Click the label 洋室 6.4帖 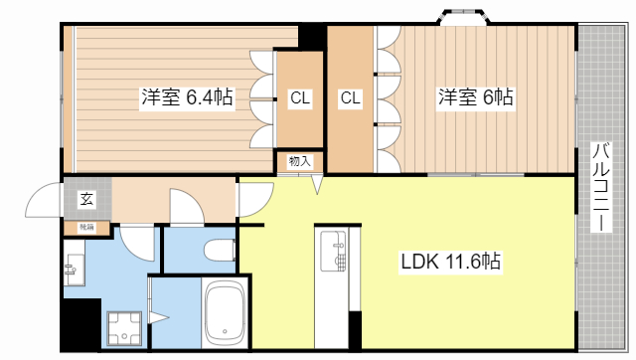tap(187, 97)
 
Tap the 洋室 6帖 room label tap(476, 97)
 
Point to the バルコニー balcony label tap(601, 188)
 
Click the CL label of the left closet tap(299, 97)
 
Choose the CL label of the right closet tap(350, 97)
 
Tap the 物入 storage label tap(299, 161)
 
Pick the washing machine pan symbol tap(125, 329)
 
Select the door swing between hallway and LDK tap(252, 199)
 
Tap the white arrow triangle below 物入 tap(318, 184)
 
